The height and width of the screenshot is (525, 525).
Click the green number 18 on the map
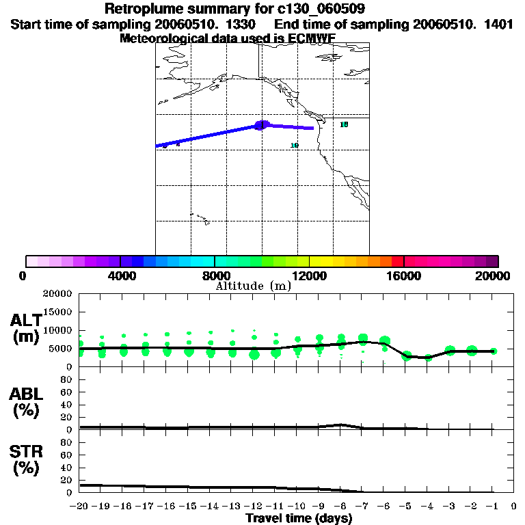(x=344, y=124)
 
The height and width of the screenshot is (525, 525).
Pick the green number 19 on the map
(x=294, y=146)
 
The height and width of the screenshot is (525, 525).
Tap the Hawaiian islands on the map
(x=199, y=218)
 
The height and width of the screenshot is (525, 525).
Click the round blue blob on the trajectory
(x=262, y=125)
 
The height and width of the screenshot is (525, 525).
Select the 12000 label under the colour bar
(x=309, y=275)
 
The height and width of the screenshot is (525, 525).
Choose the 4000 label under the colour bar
(x=120, y=275)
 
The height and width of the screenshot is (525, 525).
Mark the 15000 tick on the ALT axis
(x=58, y=312)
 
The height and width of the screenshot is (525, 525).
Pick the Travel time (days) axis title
(x=299, y=519)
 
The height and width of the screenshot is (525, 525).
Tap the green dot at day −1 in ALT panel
(x=494, y=351)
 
